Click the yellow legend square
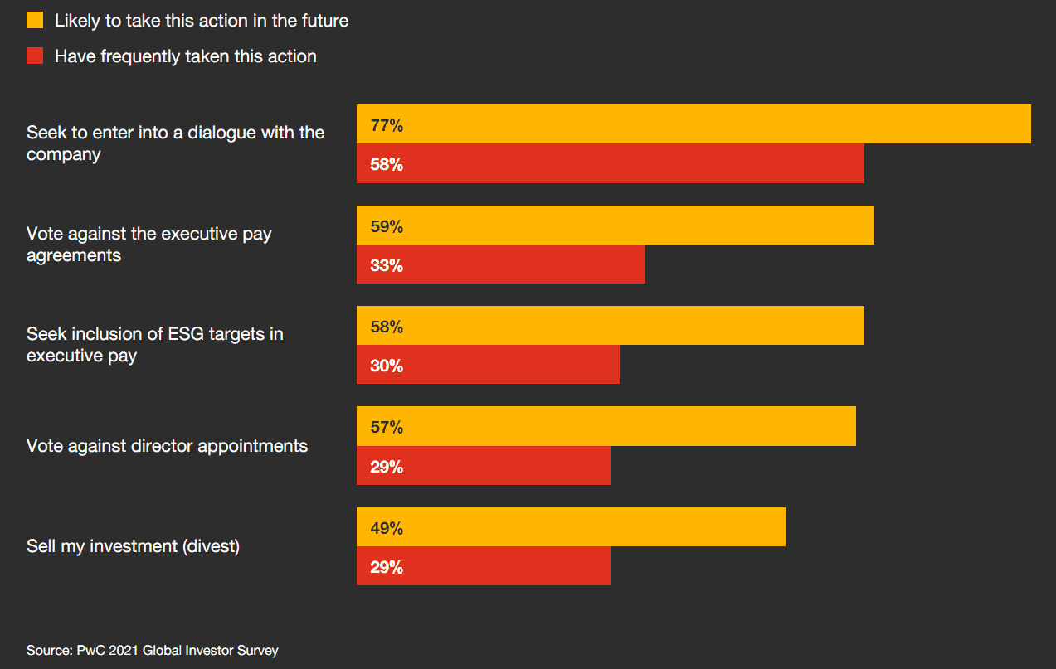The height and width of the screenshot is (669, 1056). (x=35, y=21)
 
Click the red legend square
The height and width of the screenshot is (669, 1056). (x=35, y=56)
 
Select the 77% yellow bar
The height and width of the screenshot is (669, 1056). (x=693, y=124)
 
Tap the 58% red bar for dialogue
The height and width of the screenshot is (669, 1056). (x=611, y=163)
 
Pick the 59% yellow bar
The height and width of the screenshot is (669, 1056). (x=615, y=225)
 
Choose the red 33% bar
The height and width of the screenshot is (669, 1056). (x=501, y=264)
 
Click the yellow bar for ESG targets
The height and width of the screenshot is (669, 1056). (x=611, y=326)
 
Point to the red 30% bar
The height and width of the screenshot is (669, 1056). (x=488, y=365)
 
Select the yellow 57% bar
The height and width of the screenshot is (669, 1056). (x=606, y=426)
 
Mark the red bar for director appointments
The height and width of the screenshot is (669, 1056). (x=484, y=466)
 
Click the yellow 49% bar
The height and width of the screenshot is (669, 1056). (x=571, y=527)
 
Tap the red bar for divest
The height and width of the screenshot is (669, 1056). (x=484, y=566)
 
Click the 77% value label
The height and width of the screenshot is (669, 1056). (x=387, y=126)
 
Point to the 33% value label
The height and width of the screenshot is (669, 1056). (x=387, y=265)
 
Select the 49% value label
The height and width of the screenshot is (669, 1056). (x=387, y=528)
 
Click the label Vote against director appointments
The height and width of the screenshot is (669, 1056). (x=167, y=446)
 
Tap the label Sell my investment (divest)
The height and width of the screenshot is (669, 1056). (x=133, y=546)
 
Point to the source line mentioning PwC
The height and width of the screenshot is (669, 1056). (x=152, y=651)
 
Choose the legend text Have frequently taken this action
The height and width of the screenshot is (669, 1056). (x=185, y=56)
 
